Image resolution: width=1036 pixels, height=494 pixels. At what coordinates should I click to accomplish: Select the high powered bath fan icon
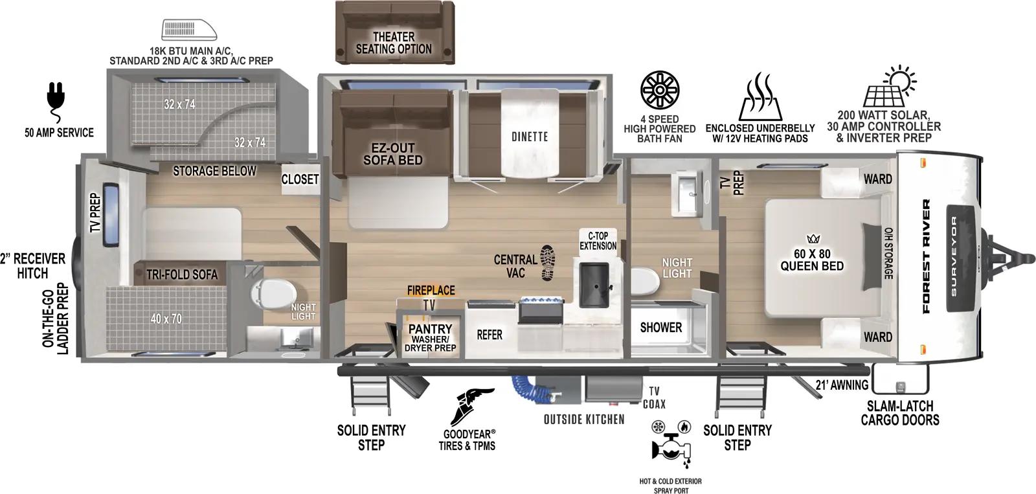[659, 92]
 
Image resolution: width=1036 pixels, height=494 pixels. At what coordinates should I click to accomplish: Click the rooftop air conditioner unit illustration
[189, 30]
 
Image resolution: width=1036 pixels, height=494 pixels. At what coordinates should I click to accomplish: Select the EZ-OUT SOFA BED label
[392, 154]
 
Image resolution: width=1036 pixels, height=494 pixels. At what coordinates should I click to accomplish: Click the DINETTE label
[529, 137]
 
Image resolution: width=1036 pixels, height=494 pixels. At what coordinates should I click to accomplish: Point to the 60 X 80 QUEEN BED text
[811, 260]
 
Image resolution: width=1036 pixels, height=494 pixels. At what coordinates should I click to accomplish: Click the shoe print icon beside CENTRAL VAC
[547, 263]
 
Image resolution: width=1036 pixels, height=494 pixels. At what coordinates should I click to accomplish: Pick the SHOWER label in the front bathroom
[660, 328]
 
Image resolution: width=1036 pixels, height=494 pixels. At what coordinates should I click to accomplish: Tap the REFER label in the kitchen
[489, 335]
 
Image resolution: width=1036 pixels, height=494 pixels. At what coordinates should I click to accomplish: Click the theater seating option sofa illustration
[394, 30]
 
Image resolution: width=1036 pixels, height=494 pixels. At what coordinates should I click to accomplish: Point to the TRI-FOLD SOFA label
[181, 275]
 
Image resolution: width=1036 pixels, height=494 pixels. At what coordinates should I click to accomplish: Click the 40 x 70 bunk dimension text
[166, 318]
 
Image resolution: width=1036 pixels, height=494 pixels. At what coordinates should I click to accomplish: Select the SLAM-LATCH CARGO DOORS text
[899, 413]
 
